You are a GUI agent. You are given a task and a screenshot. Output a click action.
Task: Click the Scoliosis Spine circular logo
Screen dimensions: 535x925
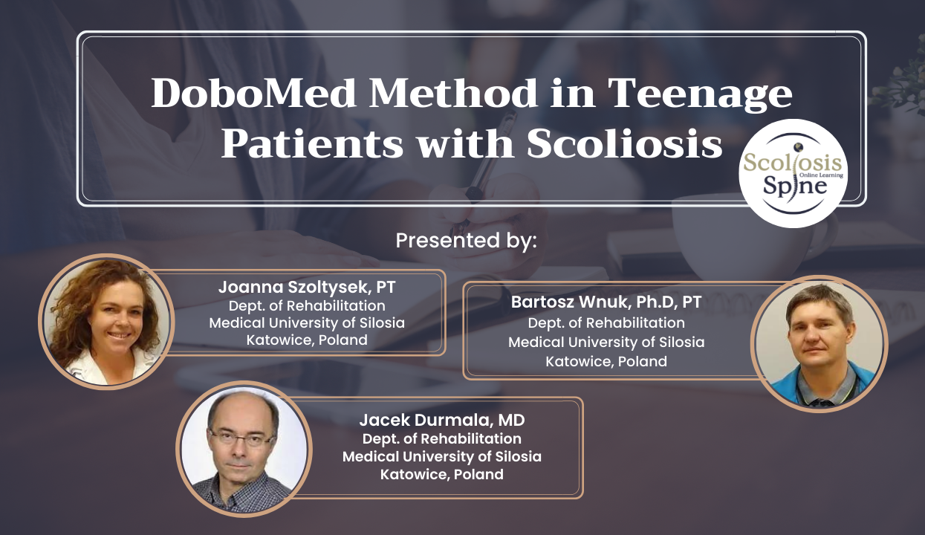click(793, 173)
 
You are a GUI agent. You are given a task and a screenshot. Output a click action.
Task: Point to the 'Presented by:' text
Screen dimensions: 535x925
click(466, 241)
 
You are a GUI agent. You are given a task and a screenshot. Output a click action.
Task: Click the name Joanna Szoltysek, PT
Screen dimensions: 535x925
click(306, 287)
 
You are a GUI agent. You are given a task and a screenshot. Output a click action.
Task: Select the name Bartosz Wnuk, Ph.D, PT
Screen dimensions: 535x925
click(606, 302)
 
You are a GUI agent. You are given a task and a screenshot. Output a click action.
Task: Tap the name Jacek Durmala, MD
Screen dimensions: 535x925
click(441, 420)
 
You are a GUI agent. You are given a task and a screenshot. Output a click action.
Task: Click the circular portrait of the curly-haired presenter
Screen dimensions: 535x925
click(106, 321)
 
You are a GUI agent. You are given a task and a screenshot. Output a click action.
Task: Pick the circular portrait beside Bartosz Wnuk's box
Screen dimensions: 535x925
click(819, 343)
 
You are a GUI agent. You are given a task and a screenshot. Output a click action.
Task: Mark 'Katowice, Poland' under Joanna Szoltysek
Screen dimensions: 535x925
click(307, 340)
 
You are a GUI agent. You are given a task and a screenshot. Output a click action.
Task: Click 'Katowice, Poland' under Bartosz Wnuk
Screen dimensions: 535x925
click(606, 362)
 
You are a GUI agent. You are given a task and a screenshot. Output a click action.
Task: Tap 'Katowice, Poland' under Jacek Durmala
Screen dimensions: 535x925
click(441, 474)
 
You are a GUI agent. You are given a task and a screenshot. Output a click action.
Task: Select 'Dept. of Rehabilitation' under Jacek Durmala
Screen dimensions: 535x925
click(441, 438)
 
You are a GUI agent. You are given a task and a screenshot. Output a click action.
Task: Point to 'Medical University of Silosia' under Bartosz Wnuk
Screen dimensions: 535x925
click(606, 343)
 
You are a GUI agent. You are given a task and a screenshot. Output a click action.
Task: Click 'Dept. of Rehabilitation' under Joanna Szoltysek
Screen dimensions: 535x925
click(306, 305)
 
